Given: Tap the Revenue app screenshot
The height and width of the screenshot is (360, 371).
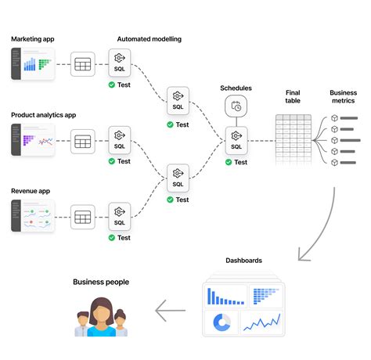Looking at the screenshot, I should click(x=33, y=215).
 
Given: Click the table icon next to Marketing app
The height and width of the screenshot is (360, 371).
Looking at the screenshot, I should click(x=82, y=64).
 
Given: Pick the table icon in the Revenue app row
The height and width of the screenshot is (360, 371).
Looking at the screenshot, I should click(x=82, y=216).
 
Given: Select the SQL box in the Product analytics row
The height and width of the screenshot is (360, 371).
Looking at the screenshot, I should click(x=119, y=140).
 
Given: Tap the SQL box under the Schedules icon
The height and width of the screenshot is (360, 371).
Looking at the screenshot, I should click(x=236, y=141).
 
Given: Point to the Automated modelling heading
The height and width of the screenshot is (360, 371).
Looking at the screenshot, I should click(x=149, y=38).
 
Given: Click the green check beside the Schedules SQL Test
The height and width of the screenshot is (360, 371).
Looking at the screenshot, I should click(x=228, y=162).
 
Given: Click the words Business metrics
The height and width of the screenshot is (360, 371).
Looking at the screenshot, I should click(x=343, y=97).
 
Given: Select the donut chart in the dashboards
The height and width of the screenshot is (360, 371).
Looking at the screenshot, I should click(x=222, y=322).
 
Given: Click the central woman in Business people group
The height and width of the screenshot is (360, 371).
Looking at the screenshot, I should click(x=101, y=318).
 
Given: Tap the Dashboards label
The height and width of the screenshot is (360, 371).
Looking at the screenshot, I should click(x=243, y=261).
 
